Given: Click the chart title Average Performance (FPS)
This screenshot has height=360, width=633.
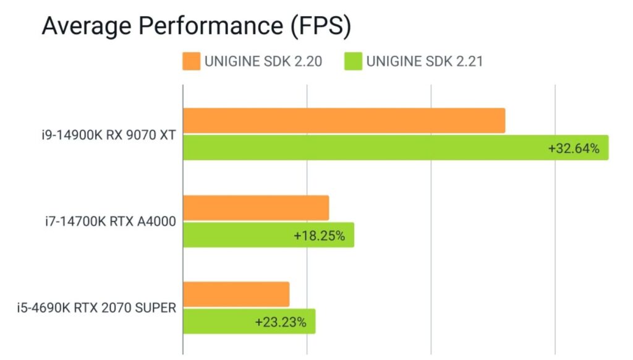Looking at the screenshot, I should coord(196,27).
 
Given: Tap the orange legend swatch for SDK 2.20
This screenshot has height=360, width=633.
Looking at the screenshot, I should coord(191,61).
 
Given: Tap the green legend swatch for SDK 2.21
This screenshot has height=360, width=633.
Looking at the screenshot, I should coord(353,61).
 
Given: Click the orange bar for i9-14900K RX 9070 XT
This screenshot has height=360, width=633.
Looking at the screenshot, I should coord(344,120).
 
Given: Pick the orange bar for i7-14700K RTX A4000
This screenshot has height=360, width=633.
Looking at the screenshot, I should coord(256,208).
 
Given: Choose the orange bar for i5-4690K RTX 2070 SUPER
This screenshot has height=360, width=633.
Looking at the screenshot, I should coord(236,294).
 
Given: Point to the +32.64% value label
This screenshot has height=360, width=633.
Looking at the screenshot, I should coord(574,148).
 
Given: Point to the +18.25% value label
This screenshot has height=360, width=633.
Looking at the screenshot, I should coord(319,236).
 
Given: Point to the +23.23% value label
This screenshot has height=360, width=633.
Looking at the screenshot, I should coord(281,322).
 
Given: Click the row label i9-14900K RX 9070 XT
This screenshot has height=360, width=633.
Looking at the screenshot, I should coord(104,134).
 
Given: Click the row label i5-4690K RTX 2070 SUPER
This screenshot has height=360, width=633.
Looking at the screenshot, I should coord(96,308).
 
